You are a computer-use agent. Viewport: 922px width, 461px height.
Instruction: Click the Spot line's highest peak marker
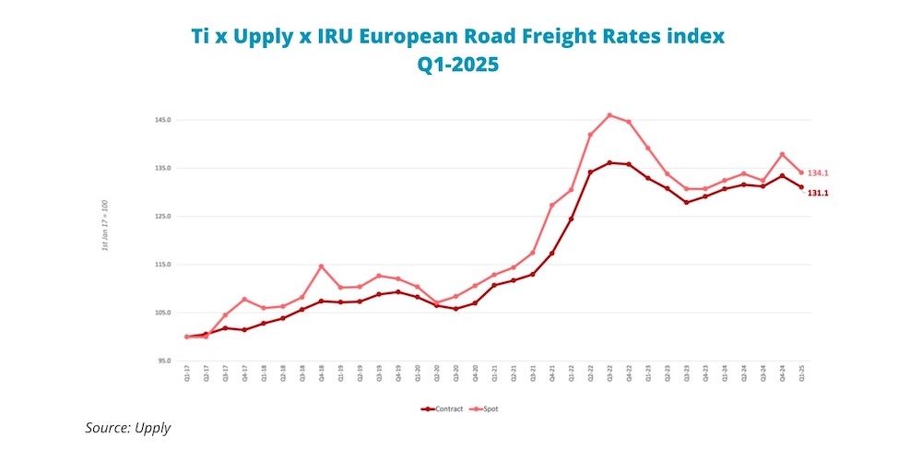[609, 115]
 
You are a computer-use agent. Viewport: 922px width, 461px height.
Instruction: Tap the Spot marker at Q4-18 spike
[322, 266]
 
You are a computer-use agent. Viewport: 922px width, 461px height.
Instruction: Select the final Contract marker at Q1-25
[801, 187]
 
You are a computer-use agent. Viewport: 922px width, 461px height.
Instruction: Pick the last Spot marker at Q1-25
[801, 172]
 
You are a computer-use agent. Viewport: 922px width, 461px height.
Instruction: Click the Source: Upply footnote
[128, 428]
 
